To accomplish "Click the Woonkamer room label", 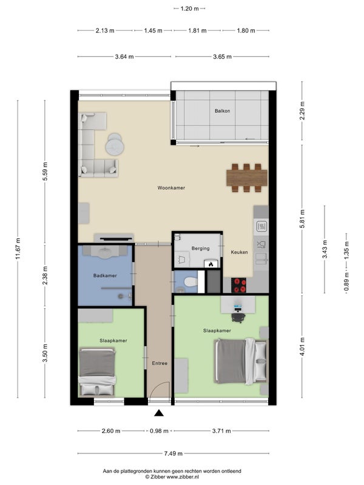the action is [171, 188].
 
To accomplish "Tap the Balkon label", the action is [222, 111].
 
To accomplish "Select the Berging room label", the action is [200, 249].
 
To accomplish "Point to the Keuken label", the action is [239, 252].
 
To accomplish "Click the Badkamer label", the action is [105, 276].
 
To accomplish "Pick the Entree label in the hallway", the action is [160, 363].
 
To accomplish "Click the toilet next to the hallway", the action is [190, 282].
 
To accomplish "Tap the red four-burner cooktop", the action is [239, 285].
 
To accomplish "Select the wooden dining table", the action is [247, 178].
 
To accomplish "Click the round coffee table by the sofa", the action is [115, 146].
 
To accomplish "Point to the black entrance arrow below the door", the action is [159, 413].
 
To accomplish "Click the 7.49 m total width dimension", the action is [174, 453].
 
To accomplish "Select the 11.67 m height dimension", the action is [18, 249].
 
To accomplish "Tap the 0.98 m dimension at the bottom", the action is [159, 431].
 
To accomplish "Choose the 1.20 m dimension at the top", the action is [189, 8].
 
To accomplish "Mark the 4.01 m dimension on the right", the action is [302, 346].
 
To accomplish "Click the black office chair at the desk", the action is [238, 317].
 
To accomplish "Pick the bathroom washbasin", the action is [107, 252].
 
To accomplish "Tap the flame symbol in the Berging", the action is [211, 264].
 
